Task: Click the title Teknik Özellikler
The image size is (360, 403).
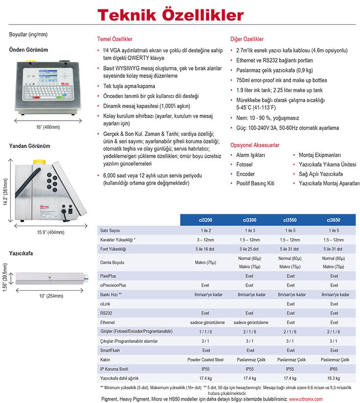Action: pyautogui.click(x=170, y=14)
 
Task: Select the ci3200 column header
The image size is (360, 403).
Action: pyautogui.click(x=206, y=220)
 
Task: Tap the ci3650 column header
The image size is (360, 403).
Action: pyautogui.click(x=334, y=220)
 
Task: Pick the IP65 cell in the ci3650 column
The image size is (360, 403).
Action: pyautogui.click(x=334, y=369)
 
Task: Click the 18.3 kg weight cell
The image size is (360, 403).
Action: pyautogui.click(x=334, y=378)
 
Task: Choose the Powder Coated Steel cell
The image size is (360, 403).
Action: pyautogui.click(x=206, y=360)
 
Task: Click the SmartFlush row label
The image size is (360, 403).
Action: pyautogui.click(x=110, y=350)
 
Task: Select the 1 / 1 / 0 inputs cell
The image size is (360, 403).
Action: pyautogui.click(x=206, y=332)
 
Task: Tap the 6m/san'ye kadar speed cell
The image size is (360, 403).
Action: pyautogui.click(x=206, y=294)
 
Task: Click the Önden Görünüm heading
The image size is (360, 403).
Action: pyautogui.click(x=29, y=50)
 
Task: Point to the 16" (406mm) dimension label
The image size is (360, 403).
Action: pyautogui.click(x=47, y=127)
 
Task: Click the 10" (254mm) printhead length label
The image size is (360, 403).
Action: pyautogui.click(x=51, y=296)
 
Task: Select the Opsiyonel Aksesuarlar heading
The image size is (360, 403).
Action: pyautogui.click(x=255, y=145)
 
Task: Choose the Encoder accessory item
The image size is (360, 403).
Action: pyautogui.click(x=245, y=174)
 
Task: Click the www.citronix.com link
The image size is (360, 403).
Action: pyautogui.click(x=306, y=399)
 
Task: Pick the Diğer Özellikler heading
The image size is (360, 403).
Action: pyautogui.click(x=247, y=39)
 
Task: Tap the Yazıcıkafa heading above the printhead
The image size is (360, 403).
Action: pyautogui.click(x=22, y=253)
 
